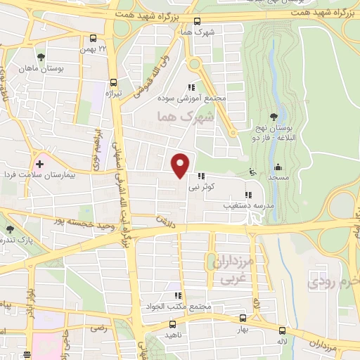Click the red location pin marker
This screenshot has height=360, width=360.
181,165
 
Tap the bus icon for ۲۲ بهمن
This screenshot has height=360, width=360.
94,39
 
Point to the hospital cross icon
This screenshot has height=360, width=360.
39,164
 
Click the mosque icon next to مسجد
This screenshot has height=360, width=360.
278,167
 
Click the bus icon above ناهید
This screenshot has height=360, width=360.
172,325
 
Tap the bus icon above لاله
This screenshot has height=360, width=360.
282,330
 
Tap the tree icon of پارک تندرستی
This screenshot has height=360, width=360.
9,229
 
